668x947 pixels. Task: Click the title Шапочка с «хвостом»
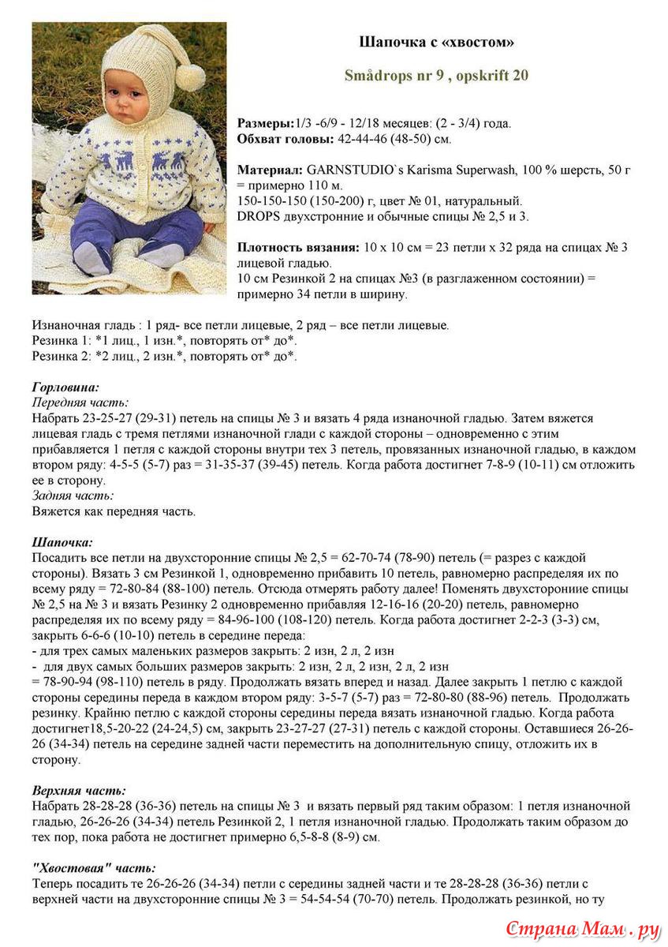click(x=436, y=41)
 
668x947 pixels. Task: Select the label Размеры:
click(x=265, y=124)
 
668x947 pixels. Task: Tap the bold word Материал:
click(x=270, y=170)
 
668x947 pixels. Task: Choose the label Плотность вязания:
click(x=299, y=247)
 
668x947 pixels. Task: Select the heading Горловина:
click(x=65, y=387)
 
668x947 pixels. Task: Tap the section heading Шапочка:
click(x=62, y=542)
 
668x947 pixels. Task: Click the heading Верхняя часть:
click(x=79, y=790)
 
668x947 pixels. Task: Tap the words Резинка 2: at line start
click(x=60, y=356)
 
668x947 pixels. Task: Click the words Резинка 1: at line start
click(x=60, y=341)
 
